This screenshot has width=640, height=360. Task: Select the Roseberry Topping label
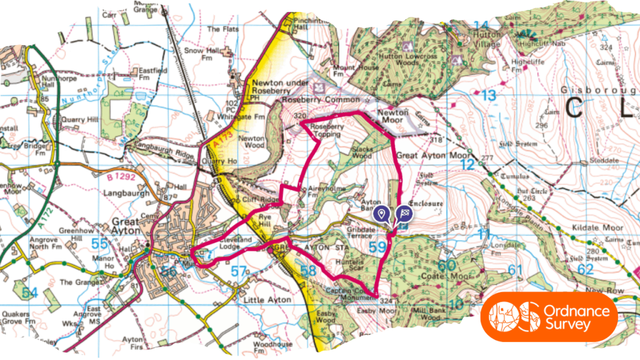[x=326, y=129]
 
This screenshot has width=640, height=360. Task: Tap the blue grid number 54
[x=29, y=292]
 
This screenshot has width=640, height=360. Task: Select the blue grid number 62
[x=585, y=270]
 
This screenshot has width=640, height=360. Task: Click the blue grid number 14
[x=480, y=26]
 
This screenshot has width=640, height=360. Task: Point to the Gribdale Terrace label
[x=361, y=233]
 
